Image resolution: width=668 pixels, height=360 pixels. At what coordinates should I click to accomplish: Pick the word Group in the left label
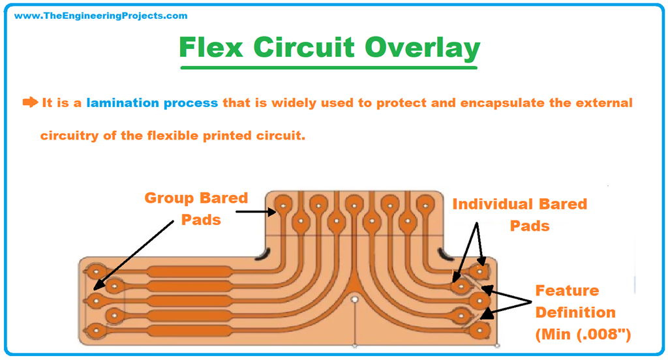click(x=172, y=198)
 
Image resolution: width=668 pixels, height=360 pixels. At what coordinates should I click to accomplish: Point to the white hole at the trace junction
click(x=354, y=299)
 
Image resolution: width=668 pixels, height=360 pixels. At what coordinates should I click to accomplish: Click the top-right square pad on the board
click(x=481, y=269)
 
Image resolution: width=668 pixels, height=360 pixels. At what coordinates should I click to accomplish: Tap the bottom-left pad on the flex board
click(x=97, y=330)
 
